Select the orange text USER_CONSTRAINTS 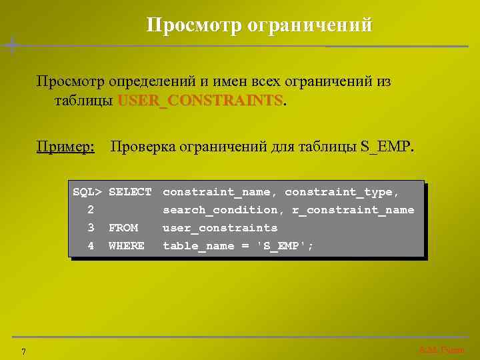click(200, 101)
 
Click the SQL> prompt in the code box click(87, 192)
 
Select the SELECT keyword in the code click(130, 192)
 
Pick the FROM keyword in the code click(123, 228)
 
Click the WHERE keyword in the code click(127, 246)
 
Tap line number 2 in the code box click(91, 210)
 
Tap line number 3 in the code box click(91, 228)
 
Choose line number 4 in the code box click(91, 246)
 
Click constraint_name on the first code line click(220, 192)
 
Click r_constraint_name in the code click(353, 210)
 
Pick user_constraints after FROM click(220, 228)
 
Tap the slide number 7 click(23, 351)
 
